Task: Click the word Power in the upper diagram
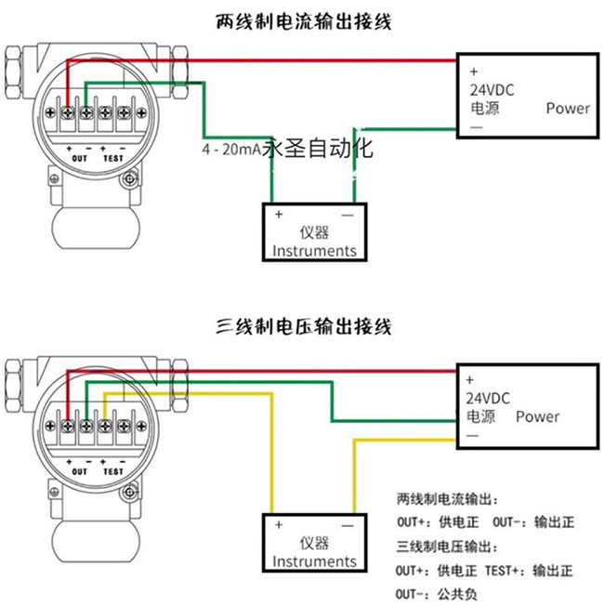coord(568,108)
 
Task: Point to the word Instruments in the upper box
coord(314,250)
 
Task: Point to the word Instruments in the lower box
coord(314,560)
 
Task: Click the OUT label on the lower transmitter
coord(79,472)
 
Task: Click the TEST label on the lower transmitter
coord(112,472)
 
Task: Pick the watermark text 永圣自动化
coord(319,148)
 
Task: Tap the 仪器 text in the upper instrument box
coord(315,232)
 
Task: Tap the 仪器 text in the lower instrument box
coord(315,543)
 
